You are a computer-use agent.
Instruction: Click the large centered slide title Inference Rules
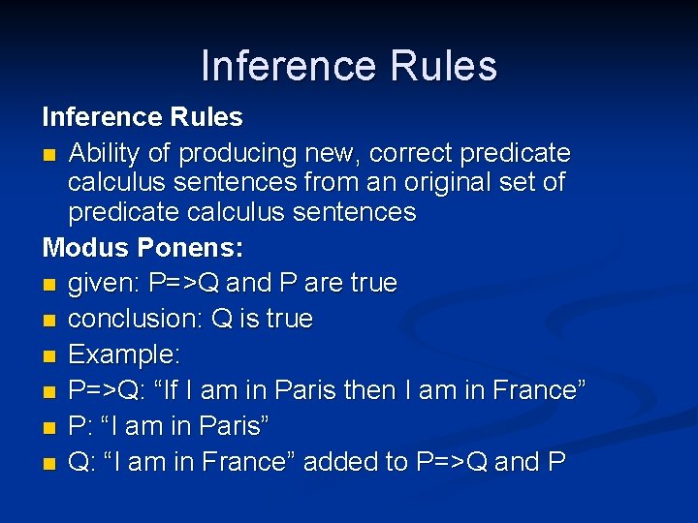349,66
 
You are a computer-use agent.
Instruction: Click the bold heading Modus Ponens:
143,248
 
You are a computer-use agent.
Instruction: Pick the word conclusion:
136,320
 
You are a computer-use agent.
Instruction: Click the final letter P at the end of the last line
556,462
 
